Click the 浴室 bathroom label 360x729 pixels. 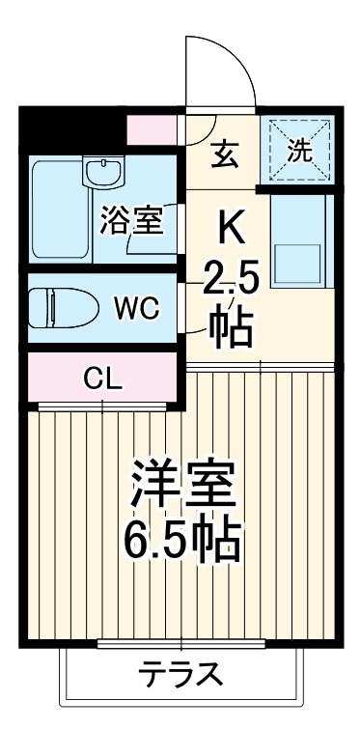coord(129,220)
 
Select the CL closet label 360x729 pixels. coord(105,378)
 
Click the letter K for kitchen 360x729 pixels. coord(232,228)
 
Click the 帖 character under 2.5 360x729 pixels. coord(232,327)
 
